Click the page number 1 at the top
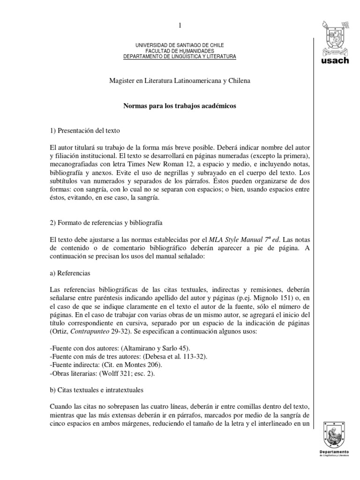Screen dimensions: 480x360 [x=180, y=24]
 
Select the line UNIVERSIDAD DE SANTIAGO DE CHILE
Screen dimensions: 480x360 [x=180, y=45]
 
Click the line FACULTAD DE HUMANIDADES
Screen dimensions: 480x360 [x=180, y=51]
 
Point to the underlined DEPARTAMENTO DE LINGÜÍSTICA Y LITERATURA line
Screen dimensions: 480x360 [x=180, y=57]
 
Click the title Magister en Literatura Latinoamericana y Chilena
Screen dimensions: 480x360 [x=180, y=81]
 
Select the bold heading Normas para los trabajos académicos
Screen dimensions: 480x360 [x=180, y=106]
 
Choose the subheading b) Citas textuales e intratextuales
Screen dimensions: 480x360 [x=96, y=390]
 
